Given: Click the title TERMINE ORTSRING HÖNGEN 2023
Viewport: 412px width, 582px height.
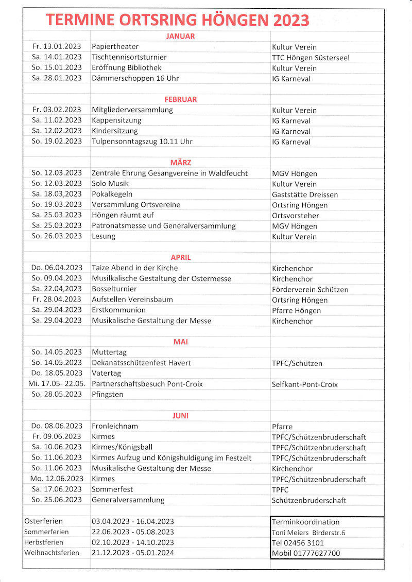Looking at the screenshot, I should click(178, 20).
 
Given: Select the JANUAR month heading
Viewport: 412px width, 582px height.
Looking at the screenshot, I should click(180, 36).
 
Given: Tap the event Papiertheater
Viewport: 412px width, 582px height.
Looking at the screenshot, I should click(115, 47).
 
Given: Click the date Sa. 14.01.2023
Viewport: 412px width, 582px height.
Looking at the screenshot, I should click(57, 57).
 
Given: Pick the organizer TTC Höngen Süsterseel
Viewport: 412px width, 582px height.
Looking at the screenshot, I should click(311, 58).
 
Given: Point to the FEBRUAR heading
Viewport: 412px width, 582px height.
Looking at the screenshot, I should click(180, 99).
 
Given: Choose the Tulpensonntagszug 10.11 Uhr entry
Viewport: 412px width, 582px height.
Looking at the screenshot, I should click(142, 142).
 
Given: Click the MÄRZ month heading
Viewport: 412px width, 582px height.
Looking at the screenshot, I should click(180, 163).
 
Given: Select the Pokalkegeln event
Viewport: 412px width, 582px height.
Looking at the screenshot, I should click(112, 194).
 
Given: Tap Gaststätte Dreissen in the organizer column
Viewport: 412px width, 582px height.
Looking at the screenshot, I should click(305, 195).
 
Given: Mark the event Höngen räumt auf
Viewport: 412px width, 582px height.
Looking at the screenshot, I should click(123, 215).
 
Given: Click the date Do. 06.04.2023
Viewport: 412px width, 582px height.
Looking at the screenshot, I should click(57, 268).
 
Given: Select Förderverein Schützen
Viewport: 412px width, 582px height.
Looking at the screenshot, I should click(310, 289).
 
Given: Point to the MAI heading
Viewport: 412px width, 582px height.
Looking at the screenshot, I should click(180, 342).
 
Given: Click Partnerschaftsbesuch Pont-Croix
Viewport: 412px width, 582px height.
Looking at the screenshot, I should click(147, 384).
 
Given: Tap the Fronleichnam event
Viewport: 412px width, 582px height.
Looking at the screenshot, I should click(114, 426).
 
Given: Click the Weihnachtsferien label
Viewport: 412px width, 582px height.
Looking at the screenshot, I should click(52, 553).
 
